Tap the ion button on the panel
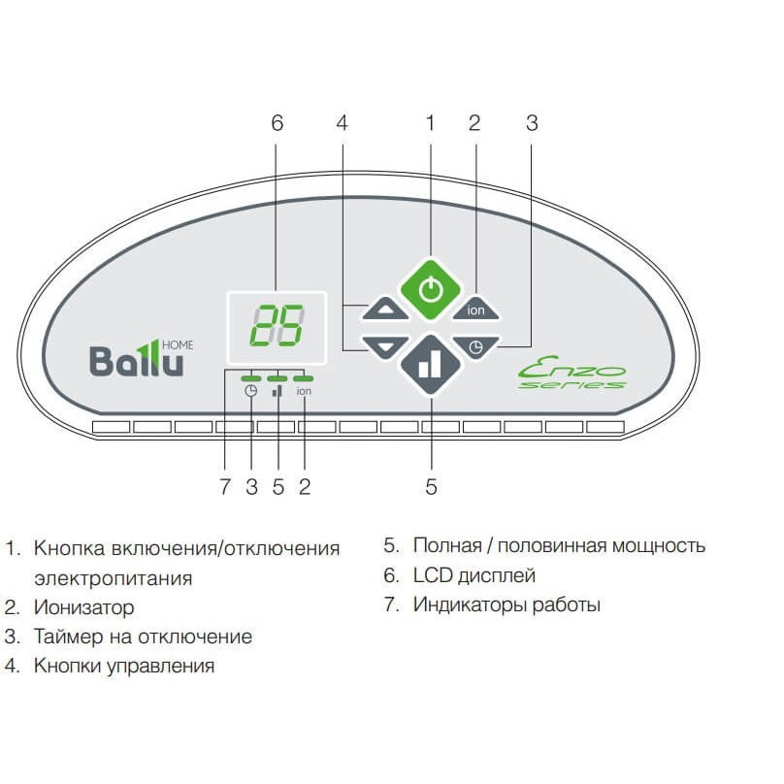point(475,309)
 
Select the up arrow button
point(386,310)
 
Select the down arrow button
point(386,345)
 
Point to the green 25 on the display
point(277,327)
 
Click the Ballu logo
point(137,360)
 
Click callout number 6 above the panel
point(278,123)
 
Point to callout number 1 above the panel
point(432,123)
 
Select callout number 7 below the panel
point(225,487)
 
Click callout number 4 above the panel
point(342,123)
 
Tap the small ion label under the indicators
point(304,392)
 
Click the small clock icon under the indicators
point(251,392)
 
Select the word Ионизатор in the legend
point(84,608)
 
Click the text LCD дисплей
point(474,575)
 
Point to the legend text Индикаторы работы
point(506,604)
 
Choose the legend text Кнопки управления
point(124,667)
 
